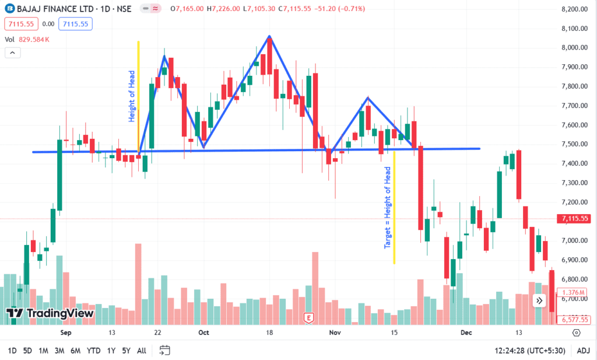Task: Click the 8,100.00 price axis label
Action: [x=573, y=29]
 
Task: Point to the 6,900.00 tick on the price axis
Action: [x=573, y=260]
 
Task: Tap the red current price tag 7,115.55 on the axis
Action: [x=574, y=219]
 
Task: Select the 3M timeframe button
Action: [x=59, y=351]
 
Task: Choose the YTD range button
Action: [x=93, y=351]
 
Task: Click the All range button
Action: [x=142, y=351]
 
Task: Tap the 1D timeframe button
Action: [x=12, y=351]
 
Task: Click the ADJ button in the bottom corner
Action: [x=583, y=351]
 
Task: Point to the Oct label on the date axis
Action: [x=203, y=333]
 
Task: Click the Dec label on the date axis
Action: [x=466, y=333]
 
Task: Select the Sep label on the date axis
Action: [x=65, y=333]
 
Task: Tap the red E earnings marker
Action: [x=309, y=318]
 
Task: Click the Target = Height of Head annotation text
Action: [x=388, y=208]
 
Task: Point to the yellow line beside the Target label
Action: [x=394, y=208]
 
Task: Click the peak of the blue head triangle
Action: [x=269, y=36]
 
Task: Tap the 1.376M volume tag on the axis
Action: [x=573, y=292]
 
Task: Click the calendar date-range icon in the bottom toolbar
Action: [x=165, y=350]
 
